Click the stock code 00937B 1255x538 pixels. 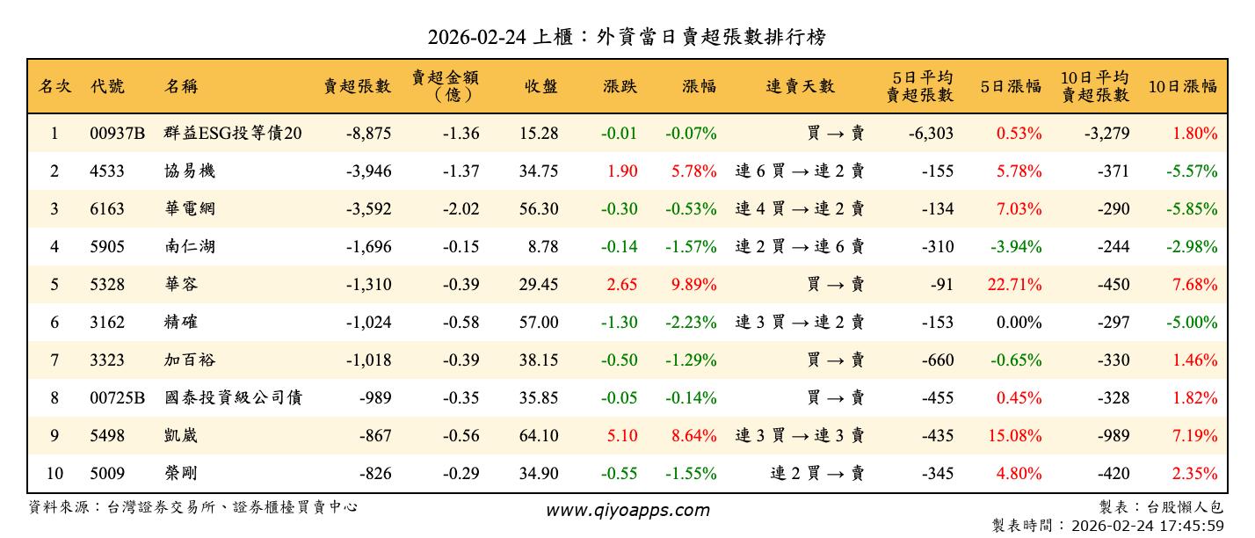point(117,134)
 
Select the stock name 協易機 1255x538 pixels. point(190,171)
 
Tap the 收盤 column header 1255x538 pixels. point(541,86)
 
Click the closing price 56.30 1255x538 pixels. point(538,209)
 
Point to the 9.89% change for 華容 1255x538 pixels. point(693,285)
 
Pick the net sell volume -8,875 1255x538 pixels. point(368,134)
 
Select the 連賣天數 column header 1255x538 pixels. point(800,86)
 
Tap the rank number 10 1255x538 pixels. point(54,474)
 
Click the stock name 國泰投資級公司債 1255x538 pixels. point(234,398)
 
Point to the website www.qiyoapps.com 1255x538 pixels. point(627,511)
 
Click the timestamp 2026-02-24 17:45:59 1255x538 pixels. point(1146,526)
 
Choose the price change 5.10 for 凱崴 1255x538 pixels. point(622,436)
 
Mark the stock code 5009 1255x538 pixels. point(107,474)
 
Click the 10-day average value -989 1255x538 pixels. point(1113,436)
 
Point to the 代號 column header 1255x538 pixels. point(107,86)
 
